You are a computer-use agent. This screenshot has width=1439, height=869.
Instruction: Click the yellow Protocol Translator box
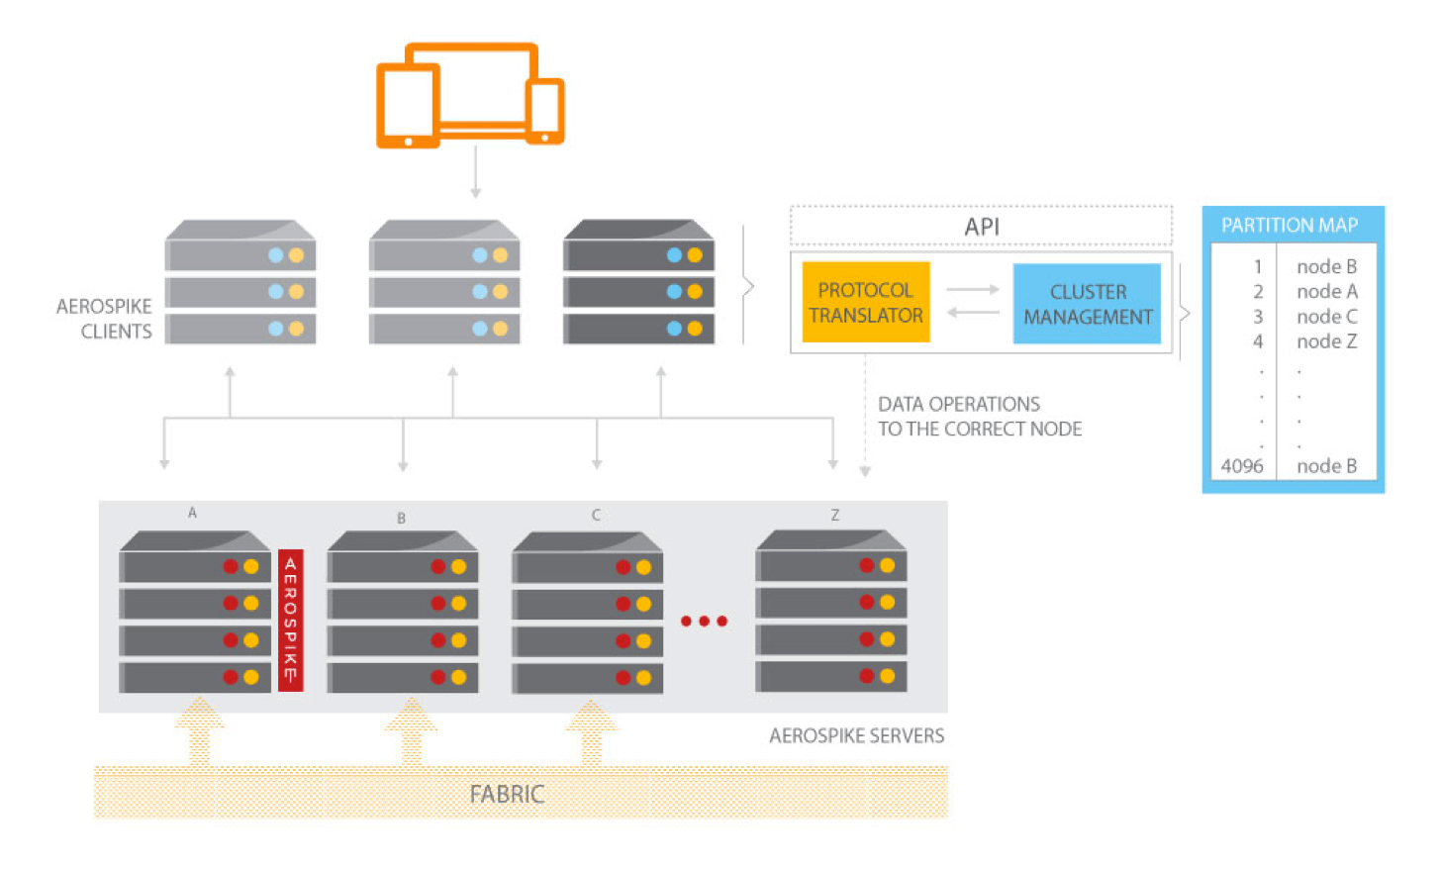tap(866, 302)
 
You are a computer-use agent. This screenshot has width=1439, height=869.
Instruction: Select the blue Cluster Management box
tap(1087, 304)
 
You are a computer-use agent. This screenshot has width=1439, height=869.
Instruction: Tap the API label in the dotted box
tap(982, 227)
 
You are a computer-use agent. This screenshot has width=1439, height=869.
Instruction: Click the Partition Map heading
tap(1290, 225)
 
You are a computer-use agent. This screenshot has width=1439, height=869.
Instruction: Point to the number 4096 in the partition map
tap(1242, 466)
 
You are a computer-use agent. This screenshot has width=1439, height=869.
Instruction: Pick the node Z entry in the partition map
tap(1326, 341)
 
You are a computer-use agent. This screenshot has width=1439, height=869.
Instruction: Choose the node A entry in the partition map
tap(1326, 291)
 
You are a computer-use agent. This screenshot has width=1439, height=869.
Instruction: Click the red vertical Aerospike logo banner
tap(290, 620)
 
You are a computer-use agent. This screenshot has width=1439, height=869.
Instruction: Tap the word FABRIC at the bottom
tap(507, 794)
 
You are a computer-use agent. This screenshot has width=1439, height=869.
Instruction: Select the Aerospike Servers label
tap(856, 735)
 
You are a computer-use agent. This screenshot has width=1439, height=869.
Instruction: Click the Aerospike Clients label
tap(104, 319)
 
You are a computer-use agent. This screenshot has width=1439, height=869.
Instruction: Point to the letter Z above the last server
tap(835, 515)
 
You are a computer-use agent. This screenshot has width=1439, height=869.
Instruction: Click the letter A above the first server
tap(192, 513)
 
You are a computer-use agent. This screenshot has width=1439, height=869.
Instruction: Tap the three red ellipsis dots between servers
tap(704, 622)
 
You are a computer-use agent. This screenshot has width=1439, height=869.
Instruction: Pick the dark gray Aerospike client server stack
tap(638, 284)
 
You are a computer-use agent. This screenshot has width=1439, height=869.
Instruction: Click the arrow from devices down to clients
tap(475, 172)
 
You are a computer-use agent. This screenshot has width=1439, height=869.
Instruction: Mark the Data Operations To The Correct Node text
tap(979, 417)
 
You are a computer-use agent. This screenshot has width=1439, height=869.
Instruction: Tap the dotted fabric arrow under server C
tap(591, 732)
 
